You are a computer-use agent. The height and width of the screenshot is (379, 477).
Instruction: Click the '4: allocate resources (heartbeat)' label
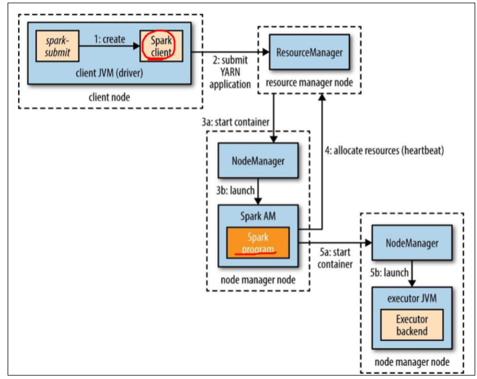[384, 150]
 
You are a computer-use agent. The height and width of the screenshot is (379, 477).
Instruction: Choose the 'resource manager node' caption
[310, 83]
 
